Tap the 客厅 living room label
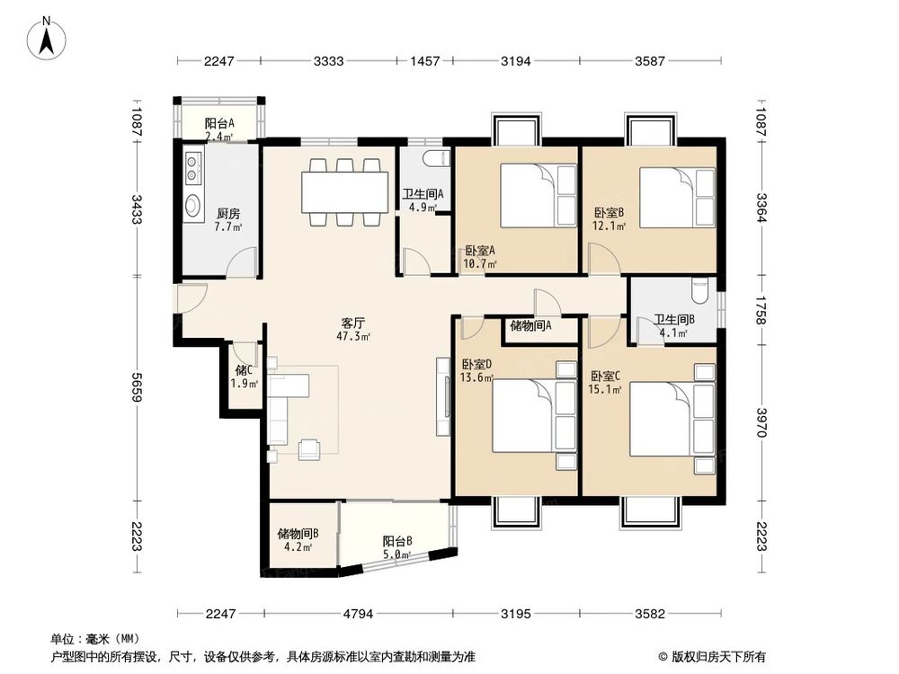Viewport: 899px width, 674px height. pos(352,322)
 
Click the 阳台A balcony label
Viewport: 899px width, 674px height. pos(218,123)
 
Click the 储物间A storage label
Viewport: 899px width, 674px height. pos(530,326)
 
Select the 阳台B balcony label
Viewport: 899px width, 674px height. pos(396,541)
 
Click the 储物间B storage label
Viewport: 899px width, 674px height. pos(298,533)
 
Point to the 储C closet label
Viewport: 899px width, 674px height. pos(245,369)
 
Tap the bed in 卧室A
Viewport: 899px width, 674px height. pos(537,196)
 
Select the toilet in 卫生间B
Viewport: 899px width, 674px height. pos(702,292)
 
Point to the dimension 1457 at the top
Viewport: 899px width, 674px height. pos(424,61)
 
